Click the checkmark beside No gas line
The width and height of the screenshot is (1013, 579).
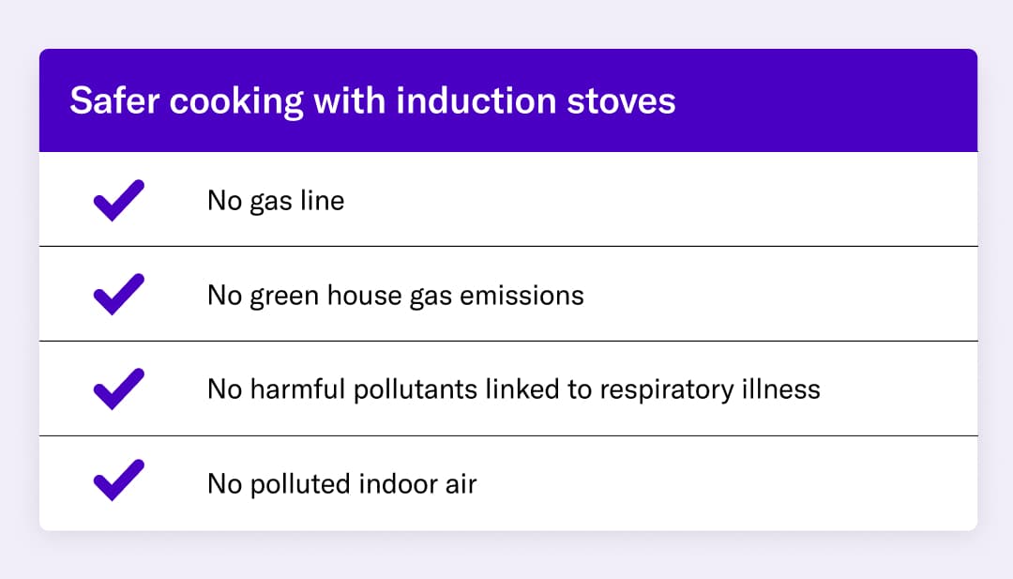[x=119, y=200]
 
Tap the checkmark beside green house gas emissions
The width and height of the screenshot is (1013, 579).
[x=119, y=295]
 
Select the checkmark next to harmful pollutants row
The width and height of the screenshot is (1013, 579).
[x=119, y=389]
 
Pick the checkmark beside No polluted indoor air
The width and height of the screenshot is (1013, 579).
[x=119, y=480]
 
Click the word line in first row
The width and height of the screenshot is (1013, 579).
[x=323, y=200]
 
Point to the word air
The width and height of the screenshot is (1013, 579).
[x=460, y=484]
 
